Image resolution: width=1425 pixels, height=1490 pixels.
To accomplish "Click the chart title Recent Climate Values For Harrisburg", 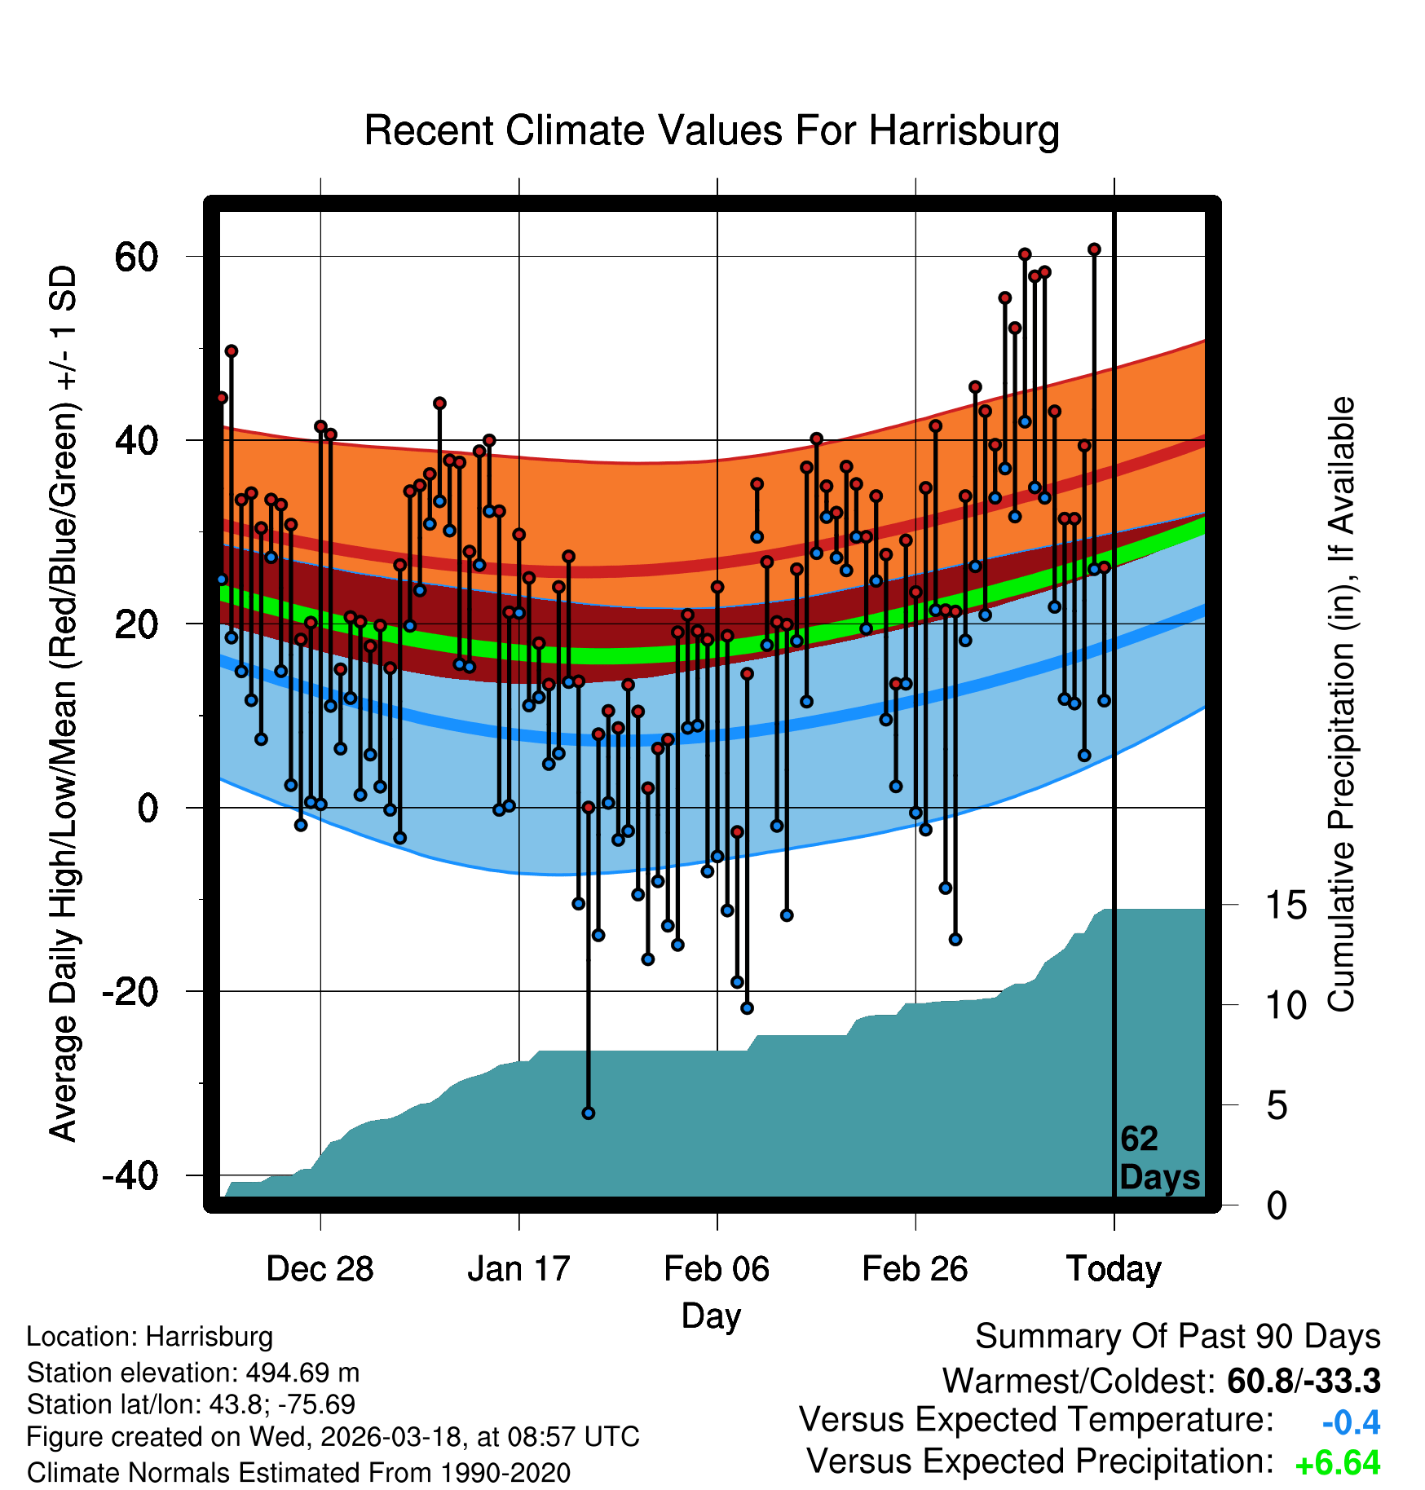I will tap(711, 130).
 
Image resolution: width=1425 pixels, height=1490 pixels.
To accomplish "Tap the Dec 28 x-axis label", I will tap(320, 1268).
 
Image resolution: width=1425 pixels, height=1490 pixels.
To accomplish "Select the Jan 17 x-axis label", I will tap(518, 1268).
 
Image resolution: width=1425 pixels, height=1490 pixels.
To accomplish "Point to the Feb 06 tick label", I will tap(717, 1268).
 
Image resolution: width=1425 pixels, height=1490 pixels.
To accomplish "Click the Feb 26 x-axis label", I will tap(915, 1268).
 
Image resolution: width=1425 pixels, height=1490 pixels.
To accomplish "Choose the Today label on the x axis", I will tap(1114, 1268).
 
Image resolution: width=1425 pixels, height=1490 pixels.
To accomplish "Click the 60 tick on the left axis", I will tap(137, 257).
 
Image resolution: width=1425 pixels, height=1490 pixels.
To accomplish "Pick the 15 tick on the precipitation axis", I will tap(1286, 905).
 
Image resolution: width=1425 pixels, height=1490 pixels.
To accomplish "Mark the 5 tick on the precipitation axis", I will tap(1277, 1106).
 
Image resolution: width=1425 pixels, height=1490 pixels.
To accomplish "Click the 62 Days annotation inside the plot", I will tap(1158, 1158).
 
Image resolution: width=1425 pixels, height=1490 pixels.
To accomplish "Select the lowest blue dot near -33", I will tap(589, 1113).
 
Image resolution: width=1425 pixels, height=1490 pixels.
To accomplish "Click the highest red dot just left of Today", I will tap(1094, 249).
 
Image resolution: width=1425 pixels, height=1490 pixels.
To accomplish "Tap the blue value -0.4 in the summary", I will tap(1351, 1422).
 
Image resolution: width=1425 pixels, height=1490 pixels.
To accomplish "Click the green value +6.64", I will tap(1337, 1463).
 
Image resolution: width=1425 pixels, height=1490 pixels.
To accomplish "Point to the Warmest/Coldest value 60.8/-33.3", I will tap(1304, 1381).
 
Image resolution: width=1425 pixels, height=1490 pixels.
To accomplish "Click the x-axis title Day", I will tap(711, 1315).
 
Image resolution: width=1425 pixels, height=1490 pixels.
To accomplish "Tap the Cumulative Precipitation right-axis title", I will tap(1341, 704).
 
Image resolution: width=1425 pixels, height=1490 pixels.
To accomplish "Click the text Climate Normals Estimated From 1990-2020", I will tap(298, 1472).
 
